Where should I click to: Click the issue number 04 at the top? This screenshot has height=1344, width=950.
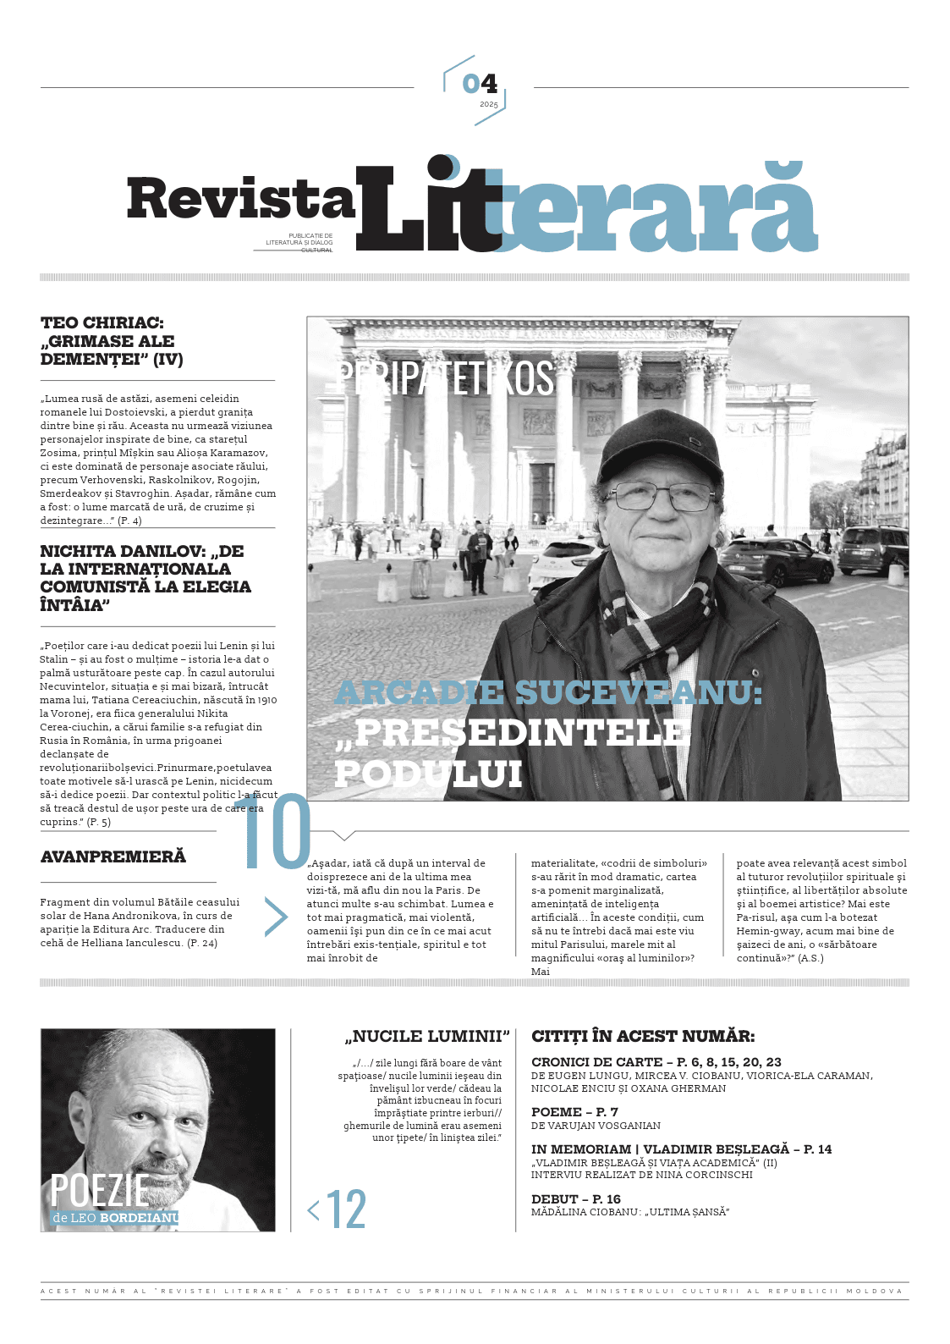coord(480,84)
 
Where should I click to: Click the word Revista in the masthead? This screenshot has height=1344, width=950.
coord(240,199)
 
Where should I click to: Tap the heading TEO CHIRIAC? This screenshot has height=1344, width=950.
coord(102,322)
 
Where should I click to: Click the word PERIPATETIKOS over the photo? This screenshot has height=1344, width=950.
coord(445,378)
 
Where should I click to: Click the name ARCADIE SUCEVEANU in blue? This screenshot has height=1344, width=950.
coord(548,692)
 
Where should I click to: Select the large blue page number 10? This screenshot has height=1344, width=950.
coord(272,833)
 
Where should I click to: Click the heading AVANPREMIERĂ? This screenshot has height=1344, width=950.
coord(113,857)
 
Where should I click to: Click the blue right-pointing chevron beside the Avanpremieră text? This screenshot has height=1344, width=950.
coord(276,917)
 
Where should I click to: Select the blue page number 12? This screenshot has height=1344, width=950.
coord(345,1209)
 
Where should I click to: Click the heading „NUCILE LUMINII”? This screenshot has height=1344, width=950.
coord(427,1037)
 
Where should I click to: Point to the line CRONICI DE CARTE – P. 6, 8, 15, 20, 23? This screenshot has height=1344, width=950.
coord(656,1061)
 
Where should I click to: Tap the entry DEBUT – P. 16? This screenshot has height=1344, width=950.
coord(576,1198)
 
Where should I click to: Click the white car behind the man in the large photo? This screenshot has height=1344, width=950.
coord(563,562)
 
